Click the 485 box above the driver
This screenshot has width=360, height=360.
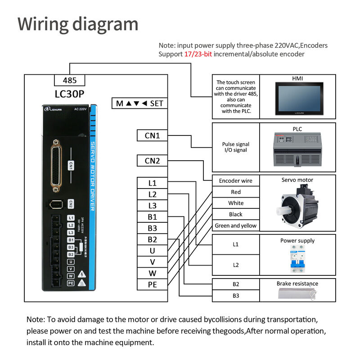point(69,81)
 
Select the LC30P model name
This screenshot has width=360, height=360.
point(69,94)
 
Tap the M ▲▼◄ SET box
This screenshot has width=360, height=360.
point(139,103)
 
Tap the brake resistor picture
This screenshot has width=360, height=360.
point(297,294)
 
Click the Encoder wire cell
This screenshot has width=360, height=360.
point(236,180)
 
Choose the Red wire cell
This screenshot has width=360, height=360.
point(236,192)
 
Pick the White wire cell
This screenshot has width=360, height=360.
point(236,203)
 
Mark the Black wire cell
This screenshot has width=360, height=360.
point(236,214)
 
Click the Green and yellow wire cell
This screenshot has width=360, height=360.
point(236,225)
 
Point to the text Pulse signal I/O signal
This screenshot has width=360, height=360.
point(236,147)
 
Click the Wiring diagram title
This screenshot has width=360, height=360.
point(78,24)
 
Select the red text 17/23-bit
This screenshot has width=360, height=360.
point(198,54)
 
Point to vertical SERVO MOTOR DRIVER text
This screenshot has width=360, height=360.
point(92,175)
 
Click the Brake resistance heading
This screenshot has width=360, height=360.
point(297,283)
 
